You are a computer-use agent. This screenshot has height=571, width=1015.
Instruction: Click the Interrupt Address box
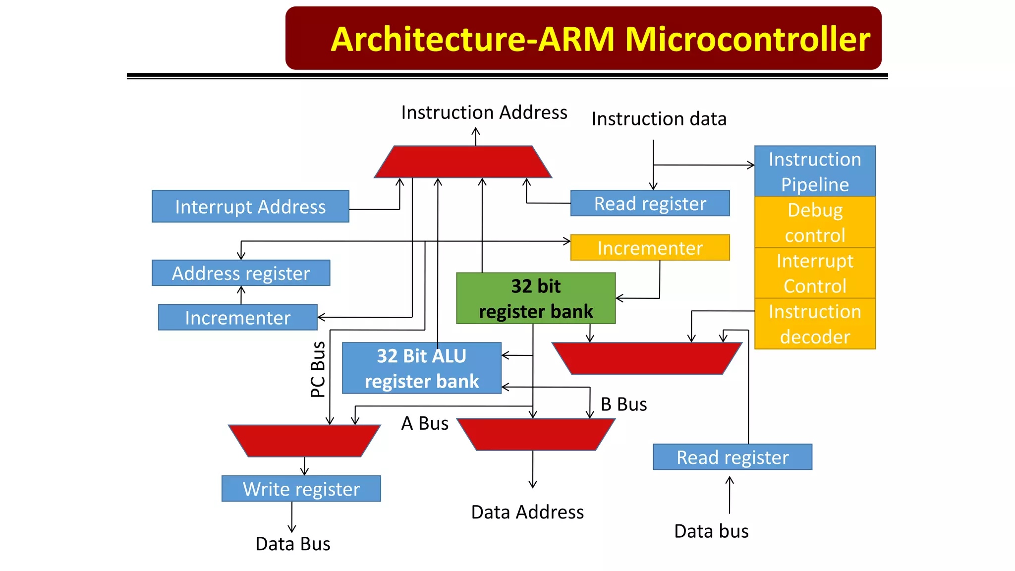250,206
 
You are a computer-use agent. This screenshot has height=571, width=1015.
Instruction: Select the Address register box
241,273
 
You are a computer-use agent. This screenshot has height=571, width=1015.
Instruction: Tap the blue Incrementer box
237,317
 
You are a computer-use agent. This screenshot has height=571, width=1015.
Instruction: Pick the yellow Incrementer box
650,247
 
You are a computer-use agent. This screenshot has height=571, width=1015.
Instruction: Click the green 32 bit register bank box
536,298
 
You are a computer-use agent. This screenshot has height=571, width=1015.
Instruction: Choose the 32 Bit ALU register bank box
421,368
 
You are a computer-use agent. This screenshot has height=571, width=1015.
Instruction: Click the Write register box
301,489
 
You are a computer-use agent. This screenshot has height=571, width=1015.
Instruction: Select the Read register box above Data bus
733,457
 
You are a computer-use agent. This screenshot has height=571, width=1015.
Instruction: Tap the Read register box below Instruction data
650,203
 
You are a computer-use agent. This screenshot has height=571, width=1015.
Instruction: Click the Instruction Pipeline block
815,171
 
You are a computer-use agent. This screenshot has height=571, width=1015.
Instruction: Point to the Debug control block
815,223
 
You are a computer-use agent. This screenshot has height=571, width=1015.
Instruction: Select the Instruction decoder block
815,324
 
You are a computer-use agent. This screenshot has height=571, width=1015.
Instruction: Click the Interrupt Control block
815,273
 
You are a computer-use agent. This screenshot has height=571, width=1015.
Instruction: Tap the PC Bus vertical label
318,369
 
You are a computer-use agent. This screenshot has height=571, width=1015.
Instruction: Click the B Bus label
623,404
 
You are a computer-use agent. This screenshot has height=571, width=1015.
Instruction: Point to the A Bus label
425,423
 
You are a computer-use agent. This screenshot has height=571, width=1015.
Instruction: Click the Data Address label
527,512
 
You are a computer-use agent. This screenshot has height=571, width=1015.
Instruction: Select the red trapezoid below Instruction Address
463,162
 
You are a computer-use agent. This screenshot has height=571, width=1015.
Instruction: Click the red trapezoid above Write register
304,441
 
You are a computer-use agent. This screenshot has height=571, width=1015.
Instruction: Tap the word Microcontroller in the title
747,39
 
